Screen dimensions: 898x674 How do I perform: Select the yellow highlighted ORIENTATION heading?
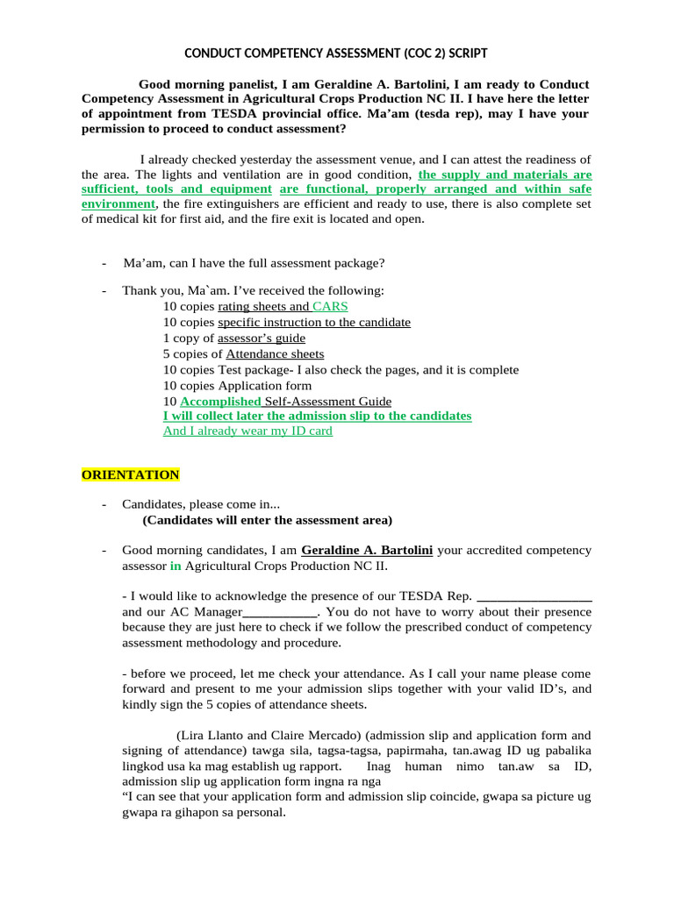point(130,475)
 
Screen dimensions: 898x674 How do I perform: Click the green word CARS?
point(330,306)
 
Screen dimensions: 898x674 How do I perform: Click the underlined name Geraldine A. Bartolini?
point(367,550)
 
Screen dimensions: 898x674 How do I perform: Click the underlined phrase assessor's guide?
point(262,338)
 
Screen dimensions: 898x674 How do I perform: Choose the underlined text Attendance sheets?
point(275,353)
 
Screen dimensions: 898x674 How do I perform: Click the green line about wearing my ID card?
point(247,431)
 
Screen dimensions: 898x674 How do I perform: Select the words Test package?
point(254,369)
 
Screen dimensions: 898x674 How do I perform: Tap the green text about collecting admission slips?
point(317,416)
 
